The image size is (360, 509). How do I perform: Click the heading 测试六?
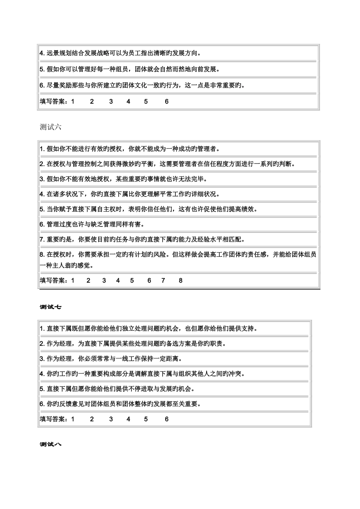point(50,127)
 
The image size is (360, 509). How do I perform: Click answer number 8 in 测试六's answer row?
point(181,280)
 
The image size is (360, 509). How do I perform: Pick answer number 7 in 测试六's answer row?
point(163,280)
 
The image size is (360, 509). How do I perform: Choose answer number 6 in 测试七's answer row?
point(167,419)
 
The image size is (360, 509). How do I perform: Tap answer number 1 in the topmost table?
point(73,101)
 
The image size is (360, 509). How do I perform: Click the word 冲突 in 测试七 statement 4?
point(237,374)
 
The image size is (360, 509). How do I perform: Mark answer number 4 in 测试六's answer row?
point(118,280)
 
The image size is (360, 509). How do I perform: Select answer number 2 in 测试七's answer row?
point(92,419)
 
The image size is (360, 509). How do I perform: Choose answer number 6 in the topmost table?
point(167,101)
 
